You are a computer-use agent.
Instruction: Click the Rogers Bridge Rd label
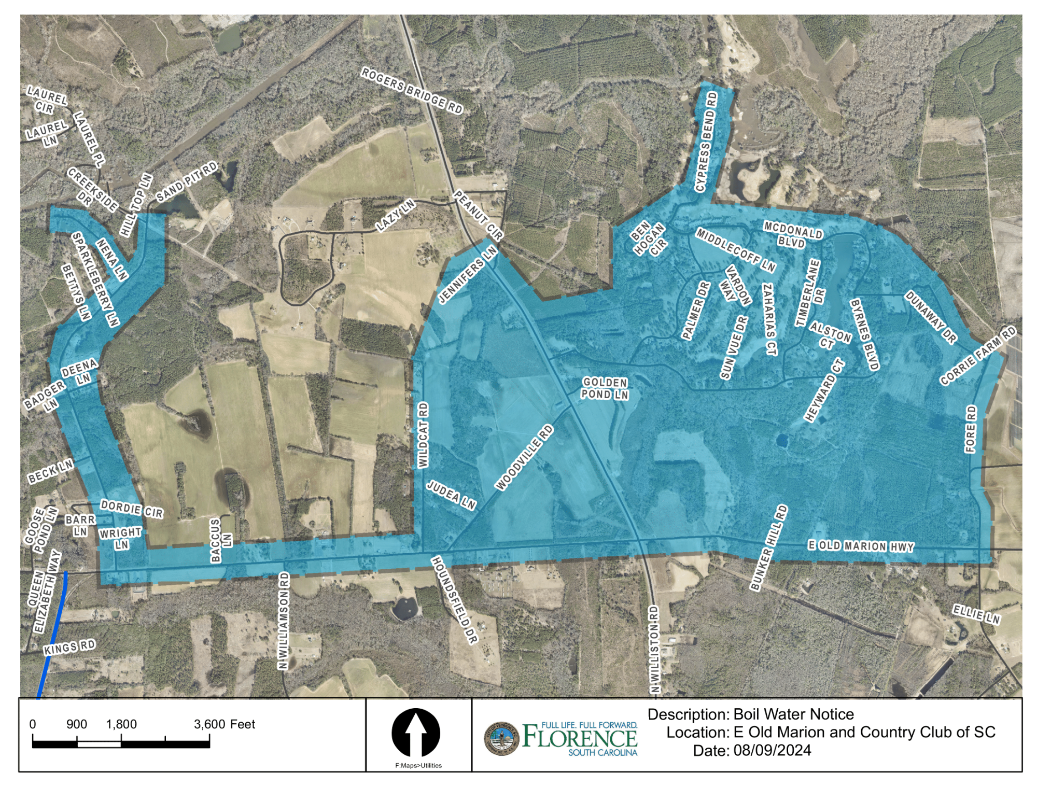pyautogui.click(x=412, y=90)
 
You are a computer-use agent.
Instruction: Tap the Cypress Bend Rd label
pyautogui.click(x=707, y=142)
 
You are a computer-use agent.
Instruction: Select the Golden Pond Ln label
pyautogui.click(x=605, y=388)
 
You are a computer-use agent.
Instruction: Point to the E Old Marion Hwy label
pyautogui.click(x=861, y=546)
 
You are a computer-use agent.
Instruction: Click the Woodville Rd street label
pyautogui.click(x=524, y=457)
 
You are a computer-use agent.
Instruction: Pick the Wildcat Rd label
pyautogui.click(x=424, y=434)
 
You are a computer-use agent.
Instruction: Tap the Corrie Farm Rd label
pyautogui.click(x=978, y=356)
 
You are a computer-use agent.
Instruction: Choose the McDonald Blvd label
pyautogui.click(x=793, y=234)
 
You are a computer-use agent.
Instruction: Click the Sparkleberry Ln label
pyautogui.click(x=95, y=279)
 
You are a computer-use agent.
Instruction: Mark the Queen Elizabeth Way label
pyautogui.click(x=44, y=592)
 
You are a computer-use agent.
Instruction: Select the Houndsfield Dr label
pyautogui.click(x=454, y=600)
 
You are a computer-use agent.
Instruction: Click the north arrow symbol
pyautogui.click(x=416, y=733)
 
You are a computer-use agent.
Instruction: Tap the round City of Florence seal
pyautogui.click(x=501, y=738)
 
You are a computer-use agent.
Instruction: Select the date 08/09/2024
pyautogui.click(x=772, y=751)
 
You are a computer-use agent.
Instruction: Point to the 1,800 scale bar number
pyautogui.click(x=121, y=724)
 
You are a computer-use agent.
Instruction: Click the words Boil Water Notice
pyautogui.click(x=793, y=714)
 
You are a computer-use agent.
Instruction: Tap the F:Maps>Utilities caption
pyautogui.click(x=418, y=765)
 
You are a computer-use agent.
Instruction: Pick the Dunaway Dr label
pyautogui.click(x=931, y=317)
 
